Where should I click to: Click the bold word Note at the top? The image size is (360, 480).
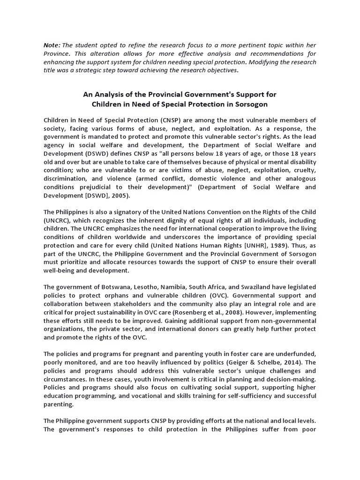pyautogui.click(x=51, y=45)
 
